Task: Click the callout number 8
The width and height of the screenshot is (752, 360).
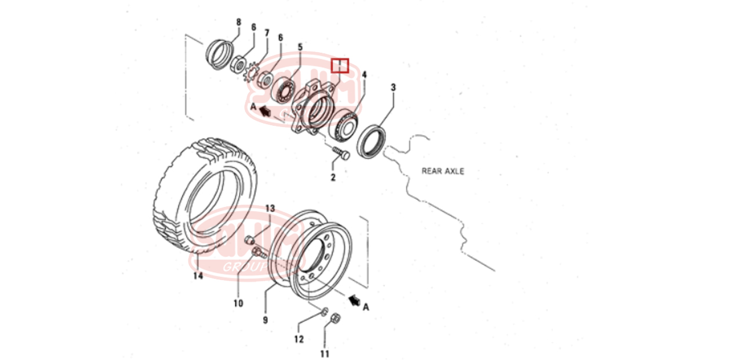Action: [x=238, y=23]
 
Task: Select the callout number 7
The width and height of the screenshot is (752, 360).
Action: [x=267, y=32]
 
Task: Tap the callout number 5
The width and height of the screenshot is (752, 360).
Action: [x=300, y=46]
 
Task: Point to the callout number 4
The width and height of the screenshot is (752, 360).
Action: [x=365, y=75]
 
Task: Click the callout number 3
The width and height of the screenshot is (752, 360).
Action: [x=393, y=88]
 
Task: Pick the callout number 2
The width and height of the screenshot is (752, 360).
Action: [x=333, y=177]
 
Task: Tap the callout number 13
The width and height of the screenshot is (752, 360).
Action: [x=270, y=208]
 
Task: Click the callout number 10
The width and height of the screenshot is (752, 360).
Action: [x=238, y=303]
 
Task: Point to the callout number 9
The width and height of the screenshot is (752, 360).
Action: [x=265, y=319]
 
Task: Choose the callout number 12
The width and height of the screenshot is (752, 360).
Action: [x=299, y=339]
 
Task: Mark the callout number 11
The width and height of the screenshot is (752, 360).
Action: [x=325, y=353]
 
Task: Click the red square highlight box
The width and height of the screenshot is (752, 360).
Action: [x=340, y=65]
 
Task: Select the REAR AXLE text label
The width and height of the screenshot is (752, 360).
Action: [x=442, y=171]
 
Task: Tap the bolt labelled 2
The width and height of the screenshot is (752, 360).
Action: [x=342, y=154]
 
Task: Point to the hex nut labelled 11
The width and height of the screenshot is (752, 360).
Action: [x=335, y=319]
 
